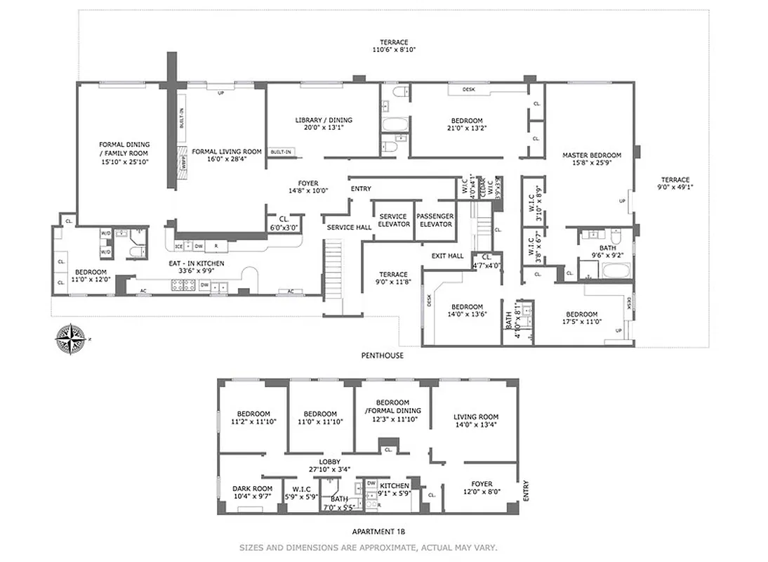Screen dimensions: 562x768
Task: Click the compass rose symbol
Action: point(72,339)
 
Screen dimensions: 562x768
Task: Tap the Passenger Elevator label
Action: point(435,220)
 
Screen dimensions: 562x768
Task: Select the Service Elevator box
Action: point(393,221)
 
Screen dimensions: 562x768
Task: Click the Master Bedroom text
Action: point(591,159)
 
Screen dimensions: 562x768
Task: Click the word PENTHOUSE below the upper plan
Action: point(383,355)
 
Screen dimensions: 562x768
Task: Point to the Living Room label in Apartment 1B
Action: point(476,421)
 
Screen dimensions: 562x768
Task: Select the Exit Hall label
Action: point(447,256)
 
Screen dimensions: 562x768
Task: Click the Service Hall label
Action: point(349,228)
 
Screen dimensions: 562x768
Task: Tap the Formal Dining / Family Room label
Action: point(124,153)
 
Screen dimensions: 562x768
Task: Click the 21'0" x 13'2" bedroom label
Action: point(467,124)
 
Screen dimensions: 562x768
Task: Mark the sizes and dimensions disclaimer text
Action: point(368,547)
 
